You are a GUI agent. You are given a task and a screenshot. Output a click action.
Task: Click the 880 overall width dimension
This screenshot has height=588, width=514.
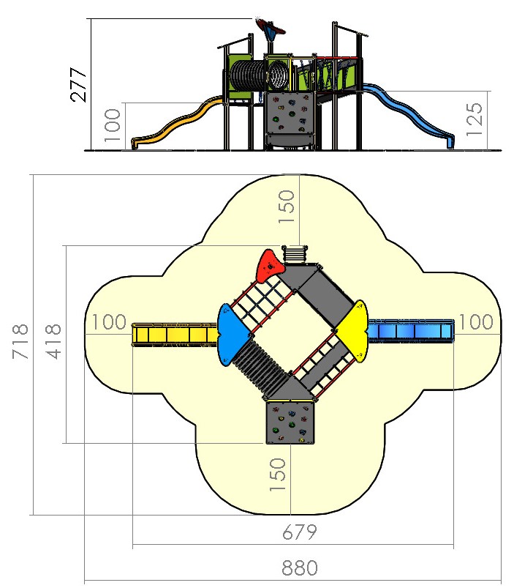click(300, 568)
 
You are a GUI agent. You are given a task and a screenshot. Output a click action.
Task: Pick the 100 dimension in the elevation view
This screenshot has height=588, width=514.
click(111, 124)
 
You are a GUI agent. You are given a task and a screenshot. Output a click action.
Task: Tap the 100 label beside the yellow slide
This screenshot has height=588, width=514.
click(110, 322)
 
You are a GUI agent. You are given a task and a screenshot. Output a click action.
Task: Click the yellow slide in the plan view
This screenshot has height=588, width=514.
click(174, 335)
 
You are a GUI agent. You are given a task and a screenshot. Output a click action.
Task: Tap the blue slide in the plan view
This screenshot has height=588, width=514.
click(412, 331)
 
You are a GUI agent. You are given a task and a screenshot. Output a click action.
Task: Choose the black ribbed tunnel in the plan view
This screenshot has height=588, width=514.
click(266, 362)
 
